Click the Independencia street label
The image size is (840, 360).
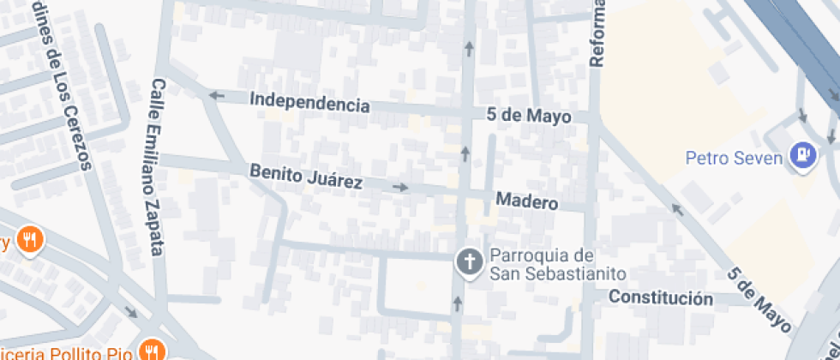coord(309,103)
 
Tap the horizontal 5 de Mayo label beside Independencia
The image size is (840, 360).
coord(528,115)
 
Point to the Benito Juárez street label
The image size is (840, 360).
coord(306,177)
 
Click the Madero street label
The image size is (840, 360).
coord(527,203)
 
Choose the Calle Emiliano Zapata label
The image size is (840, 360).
coord(158,168)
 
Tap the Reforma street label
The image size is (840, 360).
coord(597,34)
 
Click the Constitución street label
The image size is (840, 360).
coord(660,298)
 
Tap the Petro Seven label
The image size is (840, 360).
coord(734,159)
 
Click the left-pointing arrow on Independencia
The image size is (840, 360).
coord(216,95)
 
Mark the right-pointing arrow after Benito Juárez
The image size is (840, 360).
coord(399,187)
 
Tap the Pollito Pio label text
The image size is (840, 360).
coord(69,351)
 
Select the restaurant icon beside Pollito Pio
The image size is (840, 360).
coord(153,350)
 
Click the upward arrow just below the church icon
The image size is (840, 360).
coord(457,303)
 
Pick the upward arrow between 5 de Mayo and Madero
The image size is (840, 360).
coord(465,153)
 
